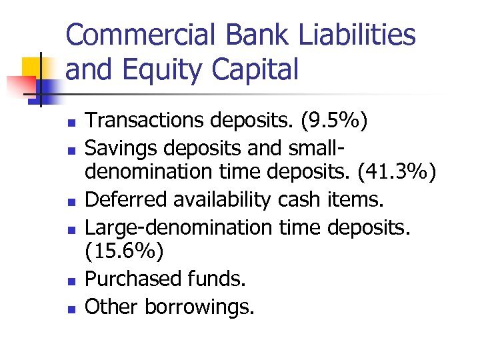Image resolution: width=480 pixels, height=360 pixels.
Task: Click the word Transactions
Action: (146, 121)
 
